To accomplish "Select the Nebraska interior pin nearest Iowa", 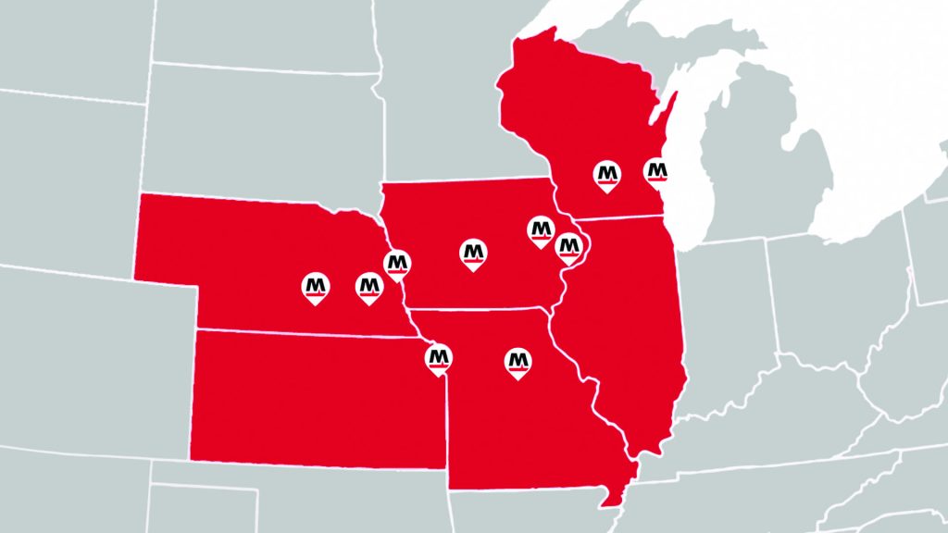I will click(369, 287).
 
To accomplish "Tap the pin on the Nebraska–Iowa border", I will click(397, 264).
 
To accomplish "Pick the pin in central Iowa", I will click(474, 251).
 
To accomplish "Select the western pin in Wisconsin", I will click(607, 174).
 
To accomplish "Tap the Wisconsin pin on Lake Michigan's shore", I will click(656, 171).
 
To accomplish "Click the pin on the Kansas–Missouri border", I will click(439, 357).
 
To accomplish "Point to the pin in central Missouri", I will click(518, 361).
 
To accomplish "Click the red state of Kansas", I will click(315, 398).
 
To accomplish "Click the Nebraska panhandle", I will click(167, 236).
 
